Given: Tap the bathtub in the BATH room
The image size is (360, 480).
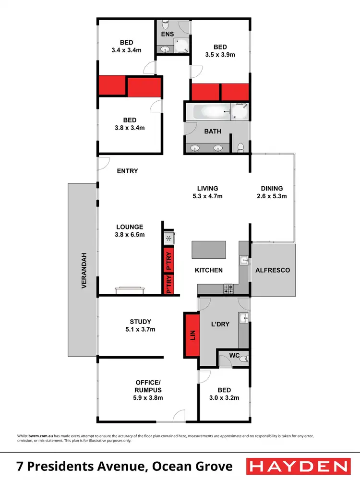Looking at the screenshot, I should click(x=211, y=113).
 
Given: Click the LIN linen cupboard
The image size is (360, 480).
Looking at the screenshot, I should click(x=192, y=334).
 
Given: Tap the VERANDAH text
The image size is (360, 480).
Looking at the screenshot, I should click(x=84, y=270).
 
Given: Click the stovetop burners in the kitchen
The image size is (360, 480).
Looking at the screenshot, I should click(x=228, y=288).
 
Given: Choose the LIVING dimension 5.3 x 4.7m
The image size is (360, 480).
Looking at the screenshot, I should click(x=207, y=196).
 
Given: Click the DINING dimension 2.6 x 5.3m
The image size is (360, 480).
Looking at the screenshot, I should click(x=272, y=196).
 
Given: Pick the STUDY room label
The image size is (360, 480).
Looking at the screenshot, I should click(x=140, y=322).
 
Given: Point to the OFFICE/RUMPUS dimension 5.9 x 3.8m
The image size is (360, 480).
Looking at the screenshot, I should click(x=147, y=397).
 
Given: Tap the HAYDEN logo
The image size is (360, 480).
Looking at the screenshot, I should click(x=298, y=466).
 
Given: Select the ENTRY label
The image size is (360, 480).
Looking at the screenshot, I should click(x=127, y=171).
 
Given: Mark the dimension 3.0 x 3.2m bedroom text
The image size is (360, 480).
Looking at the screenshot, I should click(x=224, y=397).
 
